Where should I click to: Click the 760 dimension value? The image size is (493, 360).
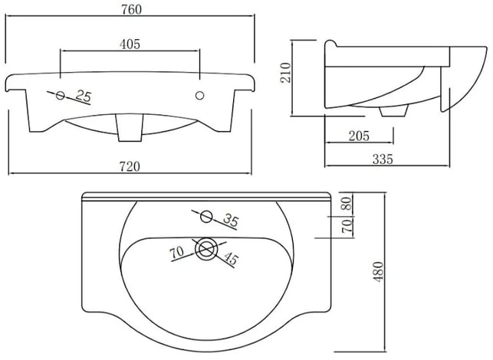pos(131,9)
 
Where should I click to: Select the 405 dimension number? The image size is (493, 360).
pos(130,44)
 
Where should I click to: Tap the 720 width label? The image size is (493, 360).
pos(130,166)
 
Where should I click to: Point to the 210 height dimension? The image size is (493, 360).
pos(286,73)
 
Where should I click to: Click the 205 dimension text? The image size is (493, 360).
pos(359,136)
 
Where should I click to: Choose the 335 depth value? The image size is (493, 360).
pos(383,159)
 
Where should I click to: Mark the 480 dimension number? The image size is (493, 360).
pos(378,271)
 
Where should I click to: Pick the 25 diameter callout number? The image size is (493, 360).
pos(84,96)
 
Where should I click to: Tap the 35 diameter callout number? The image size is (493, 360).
pos(231,221)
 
